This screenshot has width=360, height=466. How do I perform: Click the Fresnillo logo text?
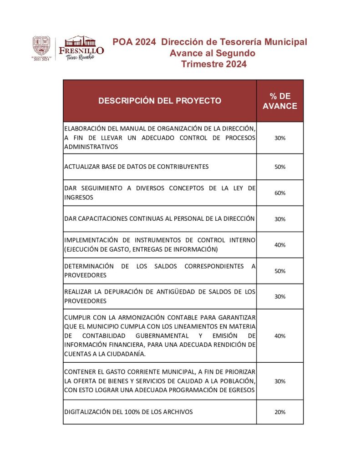(81, 50)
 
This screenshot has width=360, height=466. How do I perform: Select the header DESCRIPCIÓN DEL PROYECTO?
(160, 101)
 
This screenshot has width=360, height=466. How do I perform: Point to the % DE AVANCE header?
(280, 101)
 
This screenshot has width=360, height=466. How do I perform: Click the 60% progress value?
(280, 193)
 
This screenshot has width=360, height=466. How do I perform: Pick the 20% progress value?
(280, 412)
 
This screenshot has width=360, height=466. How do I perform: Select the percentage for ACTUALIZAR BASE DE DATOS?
(280, 167)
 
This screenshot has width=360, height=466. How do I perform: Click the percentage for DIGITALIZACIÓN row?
(280, 412)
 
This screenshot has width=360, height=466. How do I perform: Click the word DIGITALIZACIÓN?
(86, 412)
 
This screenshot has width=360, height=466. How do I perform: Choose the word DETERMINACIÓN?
(89, 266)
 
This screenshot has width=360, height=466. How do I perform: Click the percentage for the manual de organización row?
(280, 138)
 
